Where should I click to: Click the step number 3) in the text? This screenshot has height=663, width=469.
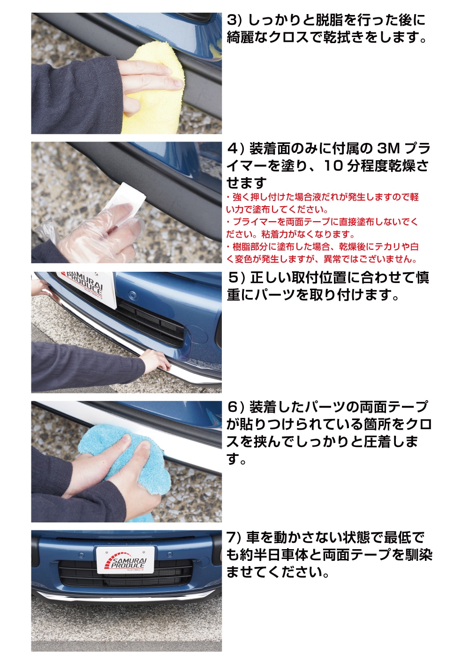pos(234,20)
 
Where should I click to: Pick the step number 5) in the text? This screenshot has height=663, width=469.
pos(236,278)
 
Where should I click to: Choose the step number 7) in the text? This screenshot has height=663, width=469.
pos(234,537)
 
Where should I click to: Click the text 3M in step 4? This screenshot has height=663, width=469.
pos(388,149)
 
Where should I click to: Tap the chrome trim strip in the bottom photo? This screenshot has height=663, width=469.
pos(127,596)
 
